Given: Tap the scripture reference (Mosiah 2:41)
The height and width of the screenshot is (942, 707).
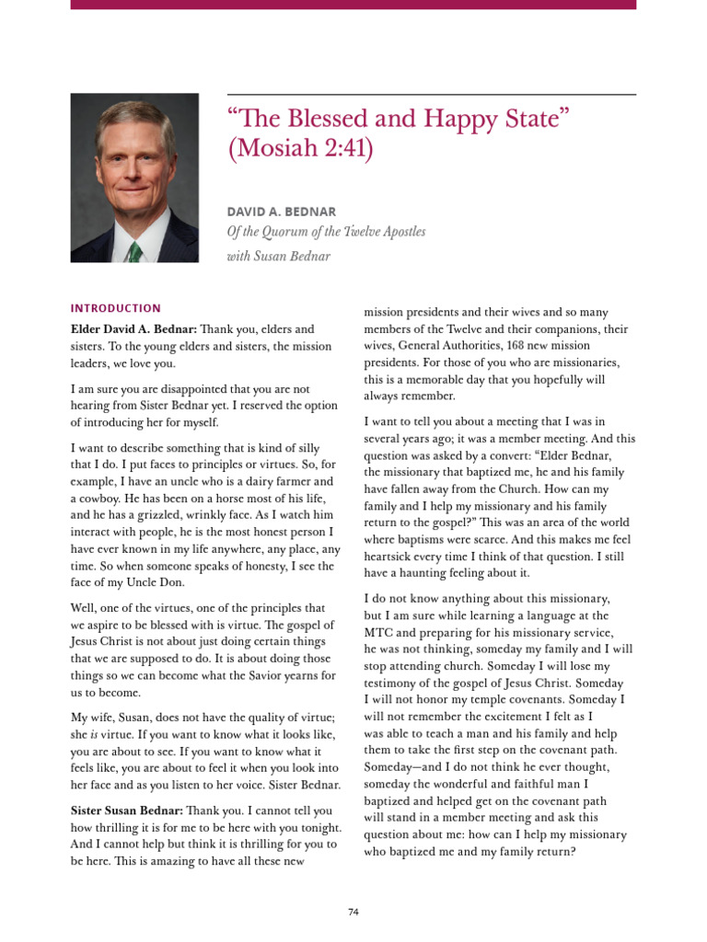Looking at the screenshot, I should click(300, 150).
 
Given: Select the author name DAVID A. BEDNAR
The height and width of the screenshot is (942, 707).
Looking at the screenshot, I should click(281, 212).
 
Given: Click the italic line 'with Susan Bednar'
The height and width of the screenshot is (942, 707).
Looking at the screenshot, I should click(278, 256).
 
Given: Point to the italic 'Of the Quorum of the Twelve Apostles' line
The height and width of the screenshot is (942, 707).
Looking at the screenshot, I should click(326, 232).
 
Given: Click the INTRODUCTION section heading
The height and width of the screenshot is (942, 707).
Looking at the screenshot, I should click(115, 309).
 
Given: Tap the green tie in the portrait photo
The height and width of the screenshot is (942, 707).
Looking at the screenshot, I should click(134, 251).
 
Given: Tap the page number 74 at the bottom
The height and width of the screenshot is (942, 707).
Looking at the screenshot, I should click(353, 912).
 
